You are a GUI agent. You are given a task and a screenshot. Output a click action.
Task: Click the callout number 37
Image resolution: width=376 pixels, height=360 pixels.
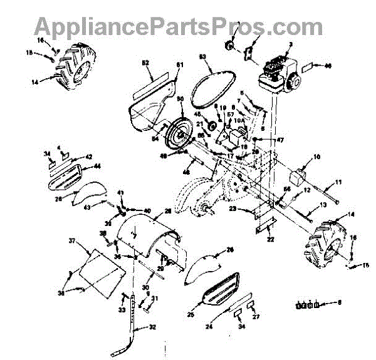tap(72, 241)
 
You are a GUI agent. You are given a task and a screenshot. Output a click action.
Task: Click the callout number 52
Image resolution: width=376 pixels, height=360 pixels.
tap(146, 64)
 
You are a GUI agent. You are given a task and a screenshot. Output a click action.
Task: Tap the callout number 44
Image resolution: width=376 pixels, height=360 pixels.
tap(98, 166)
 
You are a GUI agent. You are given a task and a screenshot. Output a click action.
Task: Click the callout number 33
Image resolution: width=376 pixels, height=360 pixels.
tap(122, 309)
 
